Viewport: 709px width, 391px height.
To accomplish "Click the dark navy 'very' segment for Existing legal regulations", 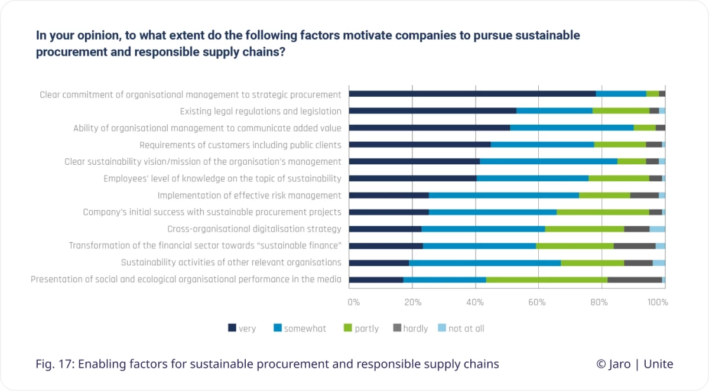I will [x=432, y=110].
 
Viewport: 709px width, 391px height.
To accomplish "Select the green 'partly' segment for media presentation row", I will [x=547, y=279].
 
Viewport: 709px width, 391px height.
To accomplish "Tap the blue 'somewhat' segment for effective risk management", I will [x=503, y=195].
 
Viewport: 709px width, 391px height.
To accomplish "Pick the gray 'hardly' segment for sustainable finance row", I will [x=634, y=246].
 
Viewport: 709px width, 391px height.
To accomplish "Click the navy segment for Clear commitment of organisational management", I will [x=472, y=93].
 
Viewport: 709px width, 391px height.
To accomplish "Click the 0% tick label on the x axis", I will [x=353, y=302].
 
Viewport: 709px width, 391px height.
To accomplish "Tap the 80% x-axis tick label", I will [x=599, y=302].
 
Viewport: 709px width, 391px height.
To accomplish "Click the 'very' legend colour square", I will [x=232, y=328].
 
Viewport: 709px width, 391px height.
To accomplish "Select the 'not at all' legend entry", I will [x=466, y=328].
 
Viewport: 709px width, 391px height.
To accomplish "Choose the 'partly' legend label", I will [x=366, y=328].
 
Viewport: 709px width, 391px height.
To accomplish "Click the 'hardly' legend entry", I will [x=415, y=328].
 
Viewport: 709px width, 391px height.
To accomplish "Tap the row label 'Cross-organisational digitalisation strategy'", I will [x=254, y=229].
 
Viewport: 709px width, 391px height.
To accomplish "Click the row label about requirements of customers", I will [x=240, y=145].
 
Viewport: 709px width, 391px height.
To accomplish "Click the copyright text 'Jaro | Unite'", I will [x=635, y=364].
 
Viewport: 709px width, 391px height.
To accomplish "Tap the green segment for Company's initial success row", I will [x=603, y=212].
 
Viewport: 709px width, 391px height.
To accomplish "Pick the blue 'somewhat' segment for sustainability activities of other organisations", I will [x=484, y=263].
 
